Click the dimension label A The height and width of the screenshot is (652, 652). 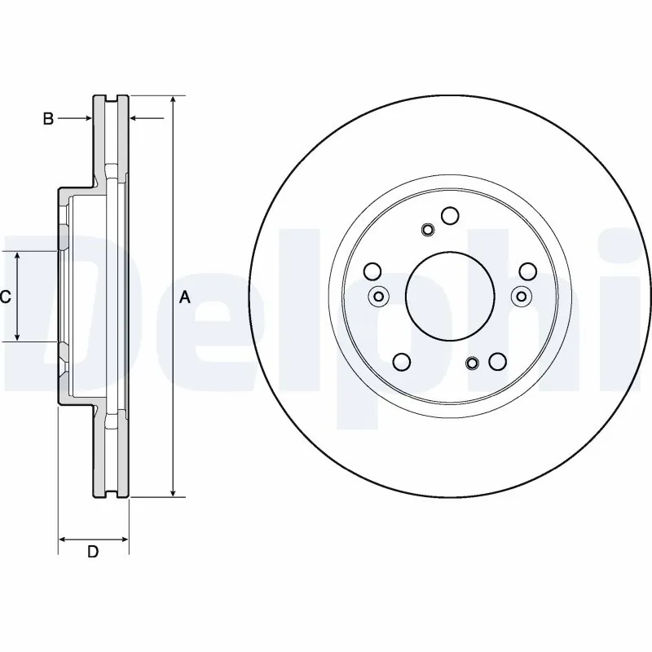[185, 297]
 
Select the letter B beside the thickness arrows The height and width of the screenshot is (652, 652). [48, 120]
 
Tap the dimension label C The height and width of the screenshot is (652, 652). [5, 297]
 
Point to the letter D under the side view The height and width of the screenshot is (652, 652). [93, 552]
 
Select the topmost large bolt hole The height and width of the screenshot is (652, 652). [450, 215]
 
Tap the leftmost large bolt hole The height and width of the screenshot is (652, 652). [372, 271]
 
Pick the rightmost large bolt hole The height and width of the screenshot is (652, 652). [527, 271]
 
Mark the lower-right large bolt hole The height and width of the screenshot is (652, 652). [497, 362]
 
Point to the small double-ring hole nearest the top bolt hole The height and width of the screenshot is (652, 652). [428, 230]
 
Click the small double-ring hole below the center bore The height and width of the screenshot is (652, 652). [472, 363]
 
